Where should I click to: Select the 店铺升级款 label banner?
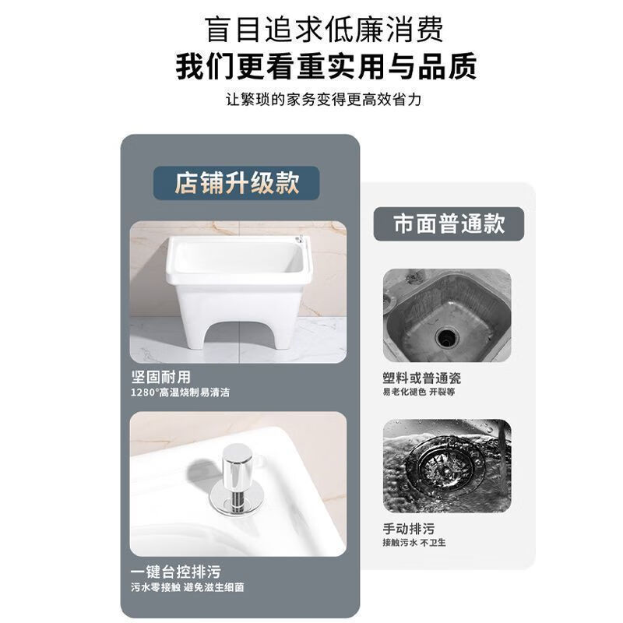[236, 183]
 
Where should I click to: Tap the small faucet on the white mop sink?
[298, 238]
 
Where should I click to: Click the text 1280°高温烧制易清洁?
[180, 392]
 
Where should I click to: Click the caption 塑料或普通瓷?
[421, 378]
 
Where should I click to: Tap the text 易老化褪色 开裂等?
[418, 392]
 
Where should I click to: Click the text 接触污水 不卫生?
[414, 542]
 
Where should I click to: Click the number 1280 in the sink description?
[143, 392]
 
